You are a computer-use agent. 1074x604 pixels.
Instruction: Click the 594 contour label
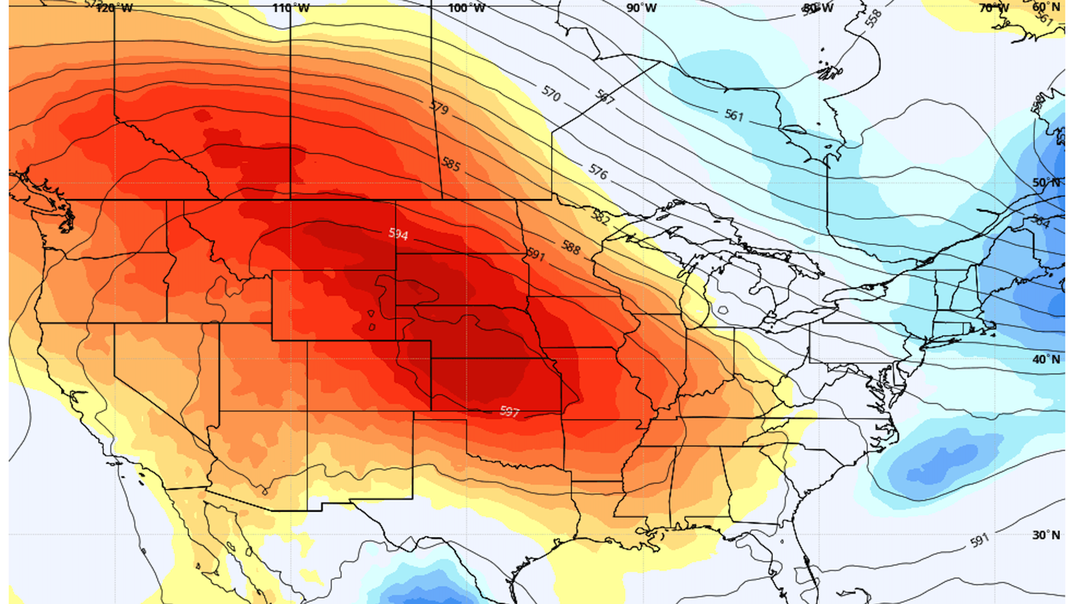click(398, 234)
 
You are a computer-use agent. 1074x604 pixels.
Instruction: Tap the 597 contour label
click(509, 411)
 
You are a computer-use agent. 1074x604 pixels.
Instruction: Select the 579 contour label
click(440, 106)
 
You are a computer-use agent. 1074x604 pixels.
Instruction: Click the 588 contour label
click(571, 249)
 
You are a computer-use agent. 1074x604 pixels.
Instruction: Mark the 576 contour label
click(598, 172)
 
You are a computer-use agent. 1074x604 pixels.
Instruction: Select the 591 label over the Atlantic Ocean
click(978, 541)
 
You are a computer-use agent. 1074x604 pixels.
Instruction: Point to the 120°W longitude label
click(115, 8)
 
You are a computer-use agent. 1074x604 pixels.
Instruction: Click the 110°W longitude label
click(291, 8)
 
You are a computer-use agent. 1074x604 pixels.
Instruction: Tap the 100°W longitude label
click(467, 8)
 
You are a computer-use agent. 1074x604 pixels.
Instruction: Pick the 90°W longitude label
click(642, 8)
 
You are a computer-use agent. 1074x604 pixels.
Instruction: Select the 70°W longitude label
click(994, 8)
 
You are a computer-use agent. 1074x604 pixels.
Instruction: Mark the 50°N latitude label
click(1046, 182)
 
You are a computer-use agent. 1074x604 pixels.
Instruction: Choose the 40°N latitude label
click(1046, 359)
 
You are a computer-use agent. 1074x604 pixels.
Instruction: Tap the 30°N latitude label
click(1046, 535)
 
